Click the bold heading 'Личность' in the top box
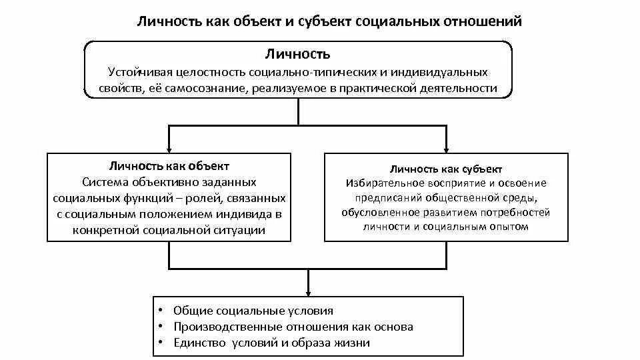(298, 54)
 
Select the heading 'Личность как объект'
(169, 166)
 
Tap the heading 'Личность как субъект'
(446, 169)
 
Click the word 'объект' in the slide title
(257, 21)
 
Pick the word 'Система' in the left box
(105, 182)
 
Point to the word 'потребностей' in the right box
(516, 212)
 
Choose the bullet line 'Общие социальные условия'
(253, 311)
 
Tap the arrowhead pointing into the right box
(446, 149)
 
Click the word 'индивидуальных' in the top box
(447, 71)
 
